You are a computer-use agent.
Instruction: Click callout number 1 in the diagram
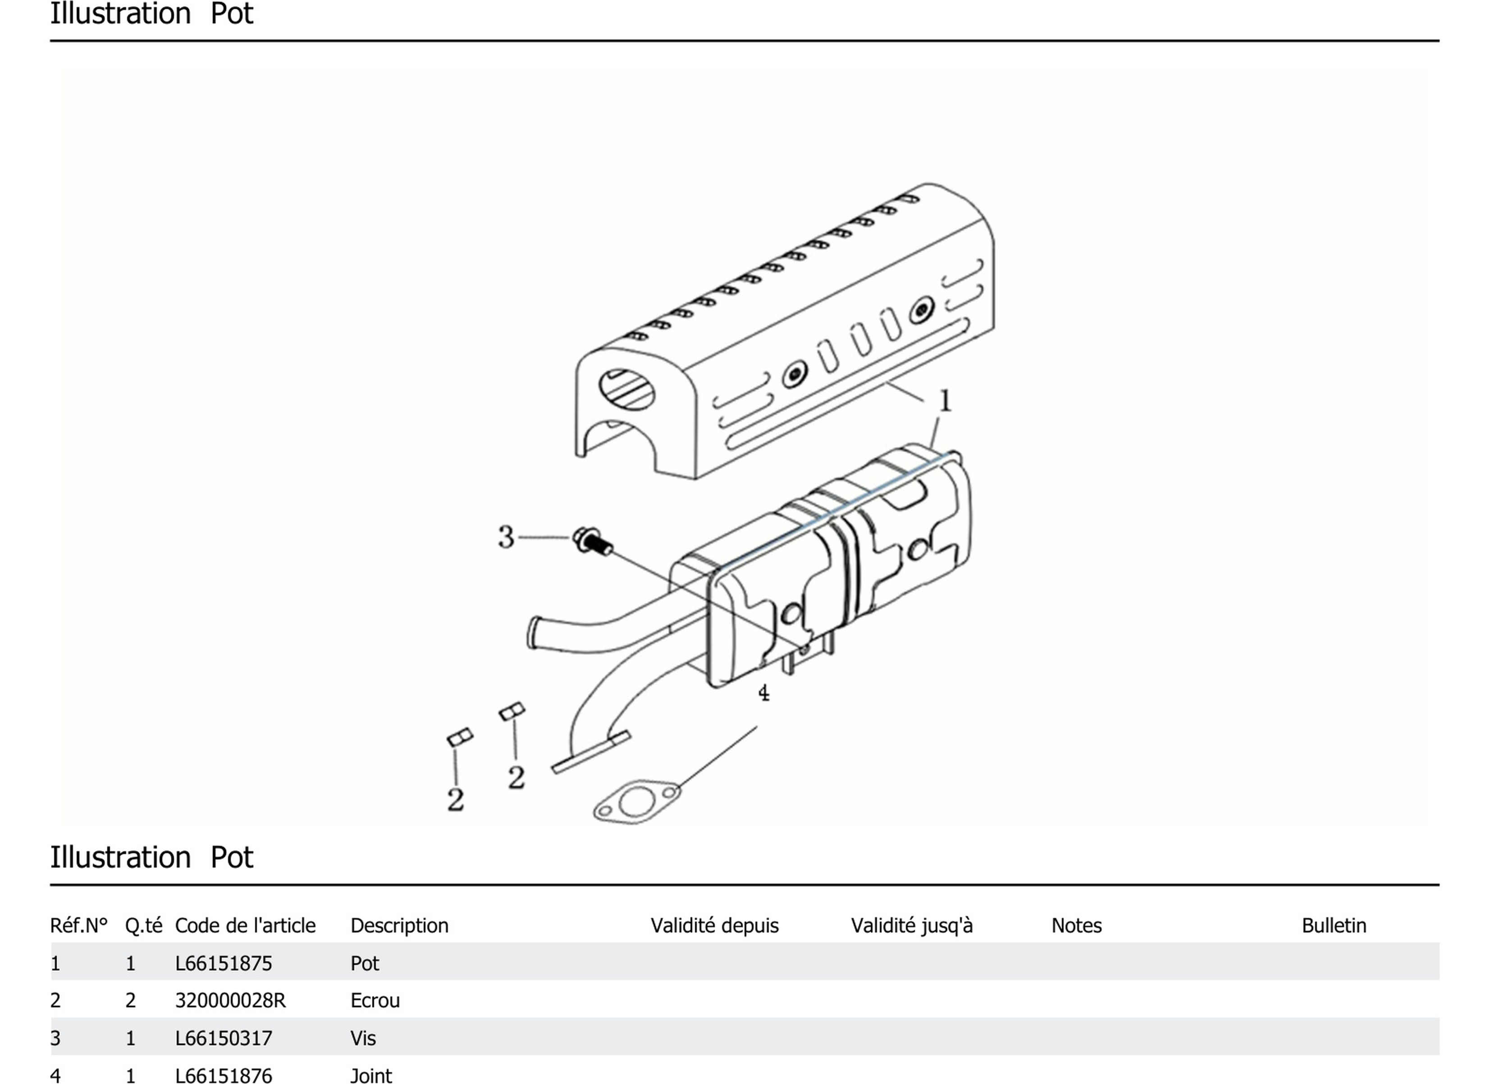click(x=945, y=400)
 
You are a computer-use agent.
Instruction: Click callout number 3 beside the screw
click(x=506, y=537)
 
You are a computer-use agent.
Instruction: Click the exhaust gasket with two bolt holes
click(x=636, y=802)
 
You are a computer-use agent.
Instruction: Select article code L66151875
click(x=224, y=964)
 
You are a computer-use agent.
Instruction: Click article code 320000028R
click(x=230, y=1001)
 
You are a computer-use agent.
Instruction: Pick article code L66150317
click(x=224, y=1038)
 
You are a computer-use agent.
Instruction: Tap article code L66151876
click(x=224, y=1075)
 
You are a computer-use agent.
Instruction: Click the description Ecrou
click(x=375, y=1001)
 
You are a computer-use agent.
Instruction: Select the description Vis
click(x=363, y=1038)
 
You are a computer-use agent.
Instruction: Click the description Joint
click(x=371, y=1075)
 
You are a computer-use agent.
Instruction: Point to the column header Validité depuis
click(x=715, y=926)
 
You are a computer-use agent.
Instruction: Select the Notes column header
click(x=1077, y=926)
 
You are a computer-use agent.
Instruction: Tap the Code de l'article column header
click(x=245, y=926)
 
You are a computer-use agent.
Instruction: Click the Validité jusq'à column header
click(x=912, y=926)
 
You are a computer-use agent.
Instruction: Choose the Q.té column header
click(x=144, y=926)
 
